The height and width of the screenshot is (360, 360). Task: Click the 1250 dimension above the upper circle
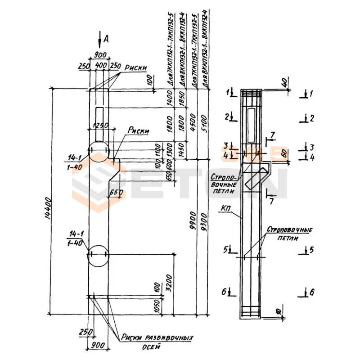point(99,124)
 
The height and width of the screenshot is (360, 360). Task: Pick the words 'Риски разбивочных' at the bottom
point(157,337)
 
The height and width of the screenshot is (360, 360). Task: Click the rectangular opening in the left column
point(100,117)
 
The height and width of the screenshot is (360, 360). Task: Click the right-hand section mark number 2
point(311,118)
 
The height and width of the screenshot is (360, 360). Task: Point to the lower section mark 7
point(271,201)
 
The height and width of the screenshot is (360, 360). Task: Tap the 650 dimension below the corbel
point(116,192)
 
